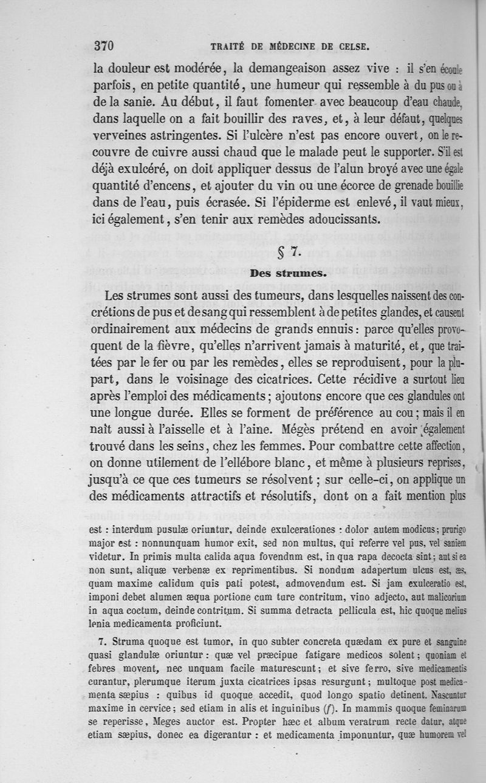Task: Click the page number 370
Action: click(x=104, y=46)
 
